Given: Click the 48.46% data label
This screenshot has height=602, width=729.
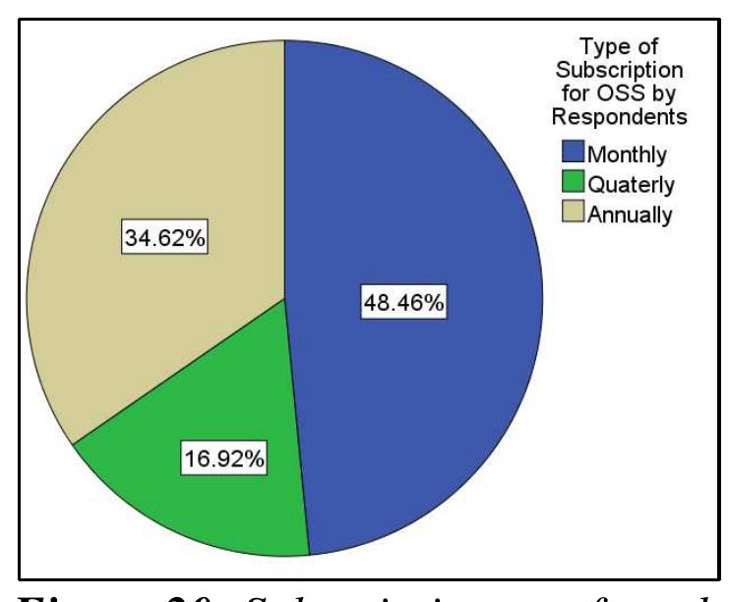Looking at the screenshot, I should coord(404,304).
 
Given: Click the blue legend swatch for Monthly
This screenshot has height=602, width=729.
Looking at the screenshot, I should coord(573,152).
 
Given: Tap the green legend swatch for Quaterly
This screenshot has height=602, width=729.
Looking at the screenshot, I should coord(573,184).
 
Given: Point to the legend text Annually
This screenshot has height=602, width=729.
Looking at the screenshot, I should coord(630,215).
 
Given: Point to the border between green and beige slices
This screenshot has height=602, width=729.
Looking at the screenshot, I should coord(177,372).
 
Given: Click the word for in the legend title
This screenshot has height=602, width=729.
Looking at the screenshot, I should coord(591,93).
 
